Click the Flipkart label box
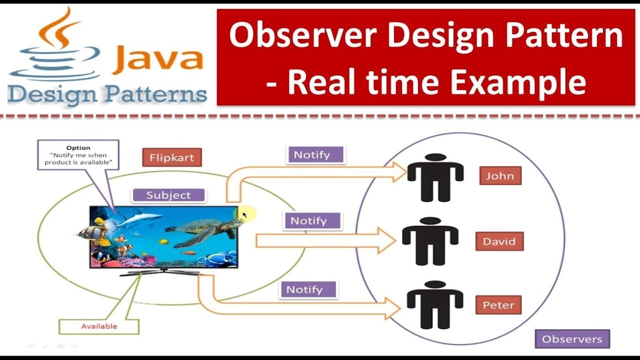pos(171,157)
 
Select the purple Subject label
pos(168,195)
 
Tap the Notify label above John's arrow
pos(315,155)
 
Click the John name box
pos(500,176)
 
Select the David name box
pos(499,241)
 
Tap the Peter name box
pos(498,305)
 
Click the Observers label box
pos(572,339)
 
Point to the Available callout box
pos(99,326)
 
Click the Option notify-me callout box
pos(78,155)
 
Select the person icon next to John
pos(435,177)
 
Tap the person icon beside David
pos(430,241)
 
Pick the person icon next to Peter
pos(434,305)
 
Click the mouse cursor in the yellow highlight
pos(244,214)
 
